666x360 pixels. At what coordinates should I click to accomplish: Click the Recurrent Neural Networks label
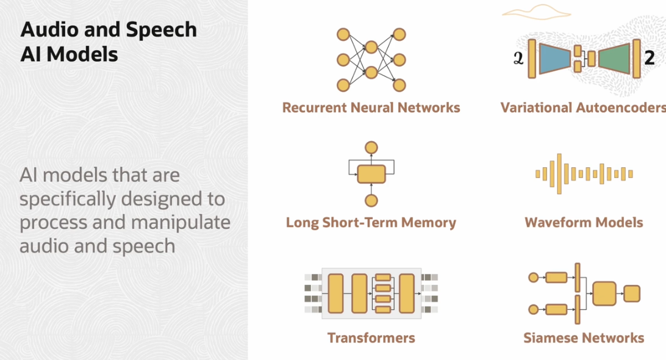[371, 108]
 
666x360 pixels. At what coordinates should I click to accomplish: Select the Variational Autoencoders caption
[583, 108]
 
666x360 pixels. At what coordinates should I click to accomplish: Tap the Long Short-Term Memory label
[371, 223]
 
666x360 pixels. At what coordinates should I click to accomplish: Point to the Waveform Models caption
[584, 223]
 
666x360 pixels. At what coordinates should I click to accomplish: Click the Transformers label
[371, 338]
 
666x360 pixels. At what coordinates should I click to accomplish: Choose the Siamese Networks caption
[584, 338]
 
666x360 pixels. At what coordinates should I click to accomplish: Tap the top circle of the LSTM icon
[371, 147]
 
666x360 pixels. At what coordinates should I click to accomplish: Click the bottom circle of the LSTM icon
[371, 200]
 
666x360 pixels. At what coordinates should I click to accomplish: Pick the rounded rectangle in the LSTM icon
[371, 174]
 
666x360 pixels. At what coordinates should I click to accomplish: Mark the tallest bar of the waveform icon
[559, 174]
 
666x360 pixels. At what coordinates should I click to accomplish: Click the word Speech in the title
[161, 29]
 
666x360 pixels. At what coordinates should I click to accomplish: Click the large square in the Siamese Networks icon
[604, 294]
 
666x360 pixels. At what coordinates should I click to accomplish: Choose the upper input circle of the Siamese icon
[533, 278]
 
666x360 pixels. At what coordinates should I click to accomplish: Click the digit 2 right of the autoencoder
[650, 58]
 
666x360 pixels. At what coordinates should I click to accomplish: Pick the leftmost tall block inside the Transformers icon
[336, 293]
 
